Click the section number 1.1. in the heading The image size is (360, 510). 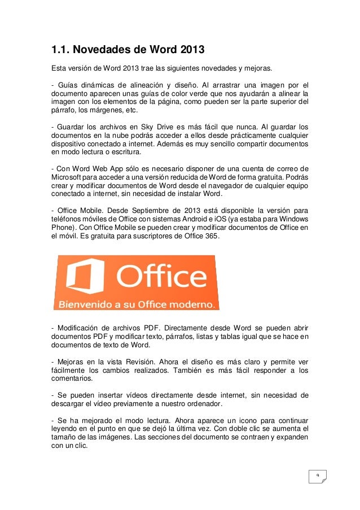[62, 50]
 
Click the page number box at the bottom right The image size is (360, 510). [318, 476]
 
